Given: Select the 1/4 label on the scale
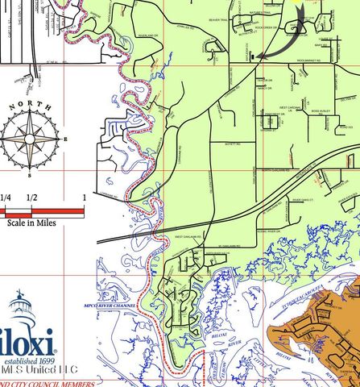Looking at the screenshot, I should click(6, 198).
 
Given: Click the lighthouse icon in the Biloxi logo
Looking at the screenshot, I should click(21, 310).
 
